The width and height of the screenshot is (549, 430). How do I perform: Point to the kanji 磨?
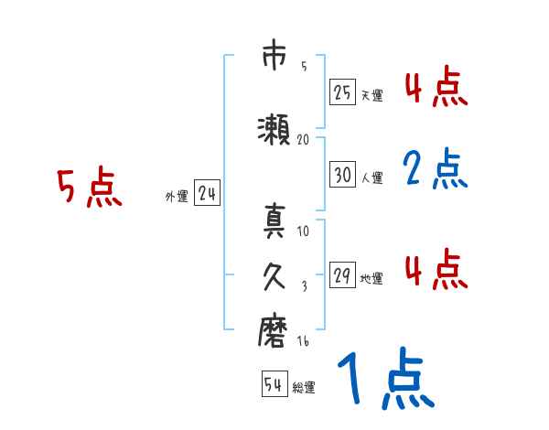[x=273, y=331]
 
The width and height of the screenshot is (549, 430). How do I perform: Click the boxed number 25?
[x=342, y=92]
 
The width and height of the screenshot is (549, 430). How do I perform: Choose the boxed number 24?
[x=208, y=193]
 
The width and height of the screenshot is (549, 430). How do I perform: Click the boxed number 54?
[x=273, y=385]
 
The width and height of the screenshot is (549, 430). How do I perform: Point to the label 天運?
[x=371, y=95]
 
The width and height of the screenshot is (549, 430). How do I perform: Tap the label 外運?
[x=177, y=196]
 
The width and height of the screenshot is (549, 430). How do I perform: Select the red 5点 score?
[x=89, y=188]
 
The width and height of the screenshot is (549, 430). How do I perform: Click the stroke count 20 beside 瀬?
[x=304, y=139]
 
